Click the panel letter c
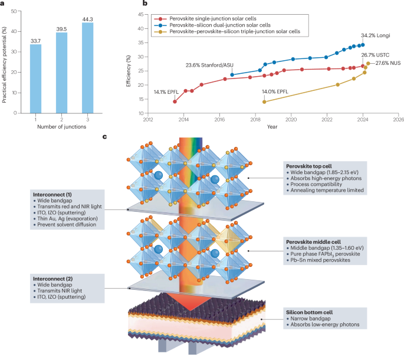pos(105,137)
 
